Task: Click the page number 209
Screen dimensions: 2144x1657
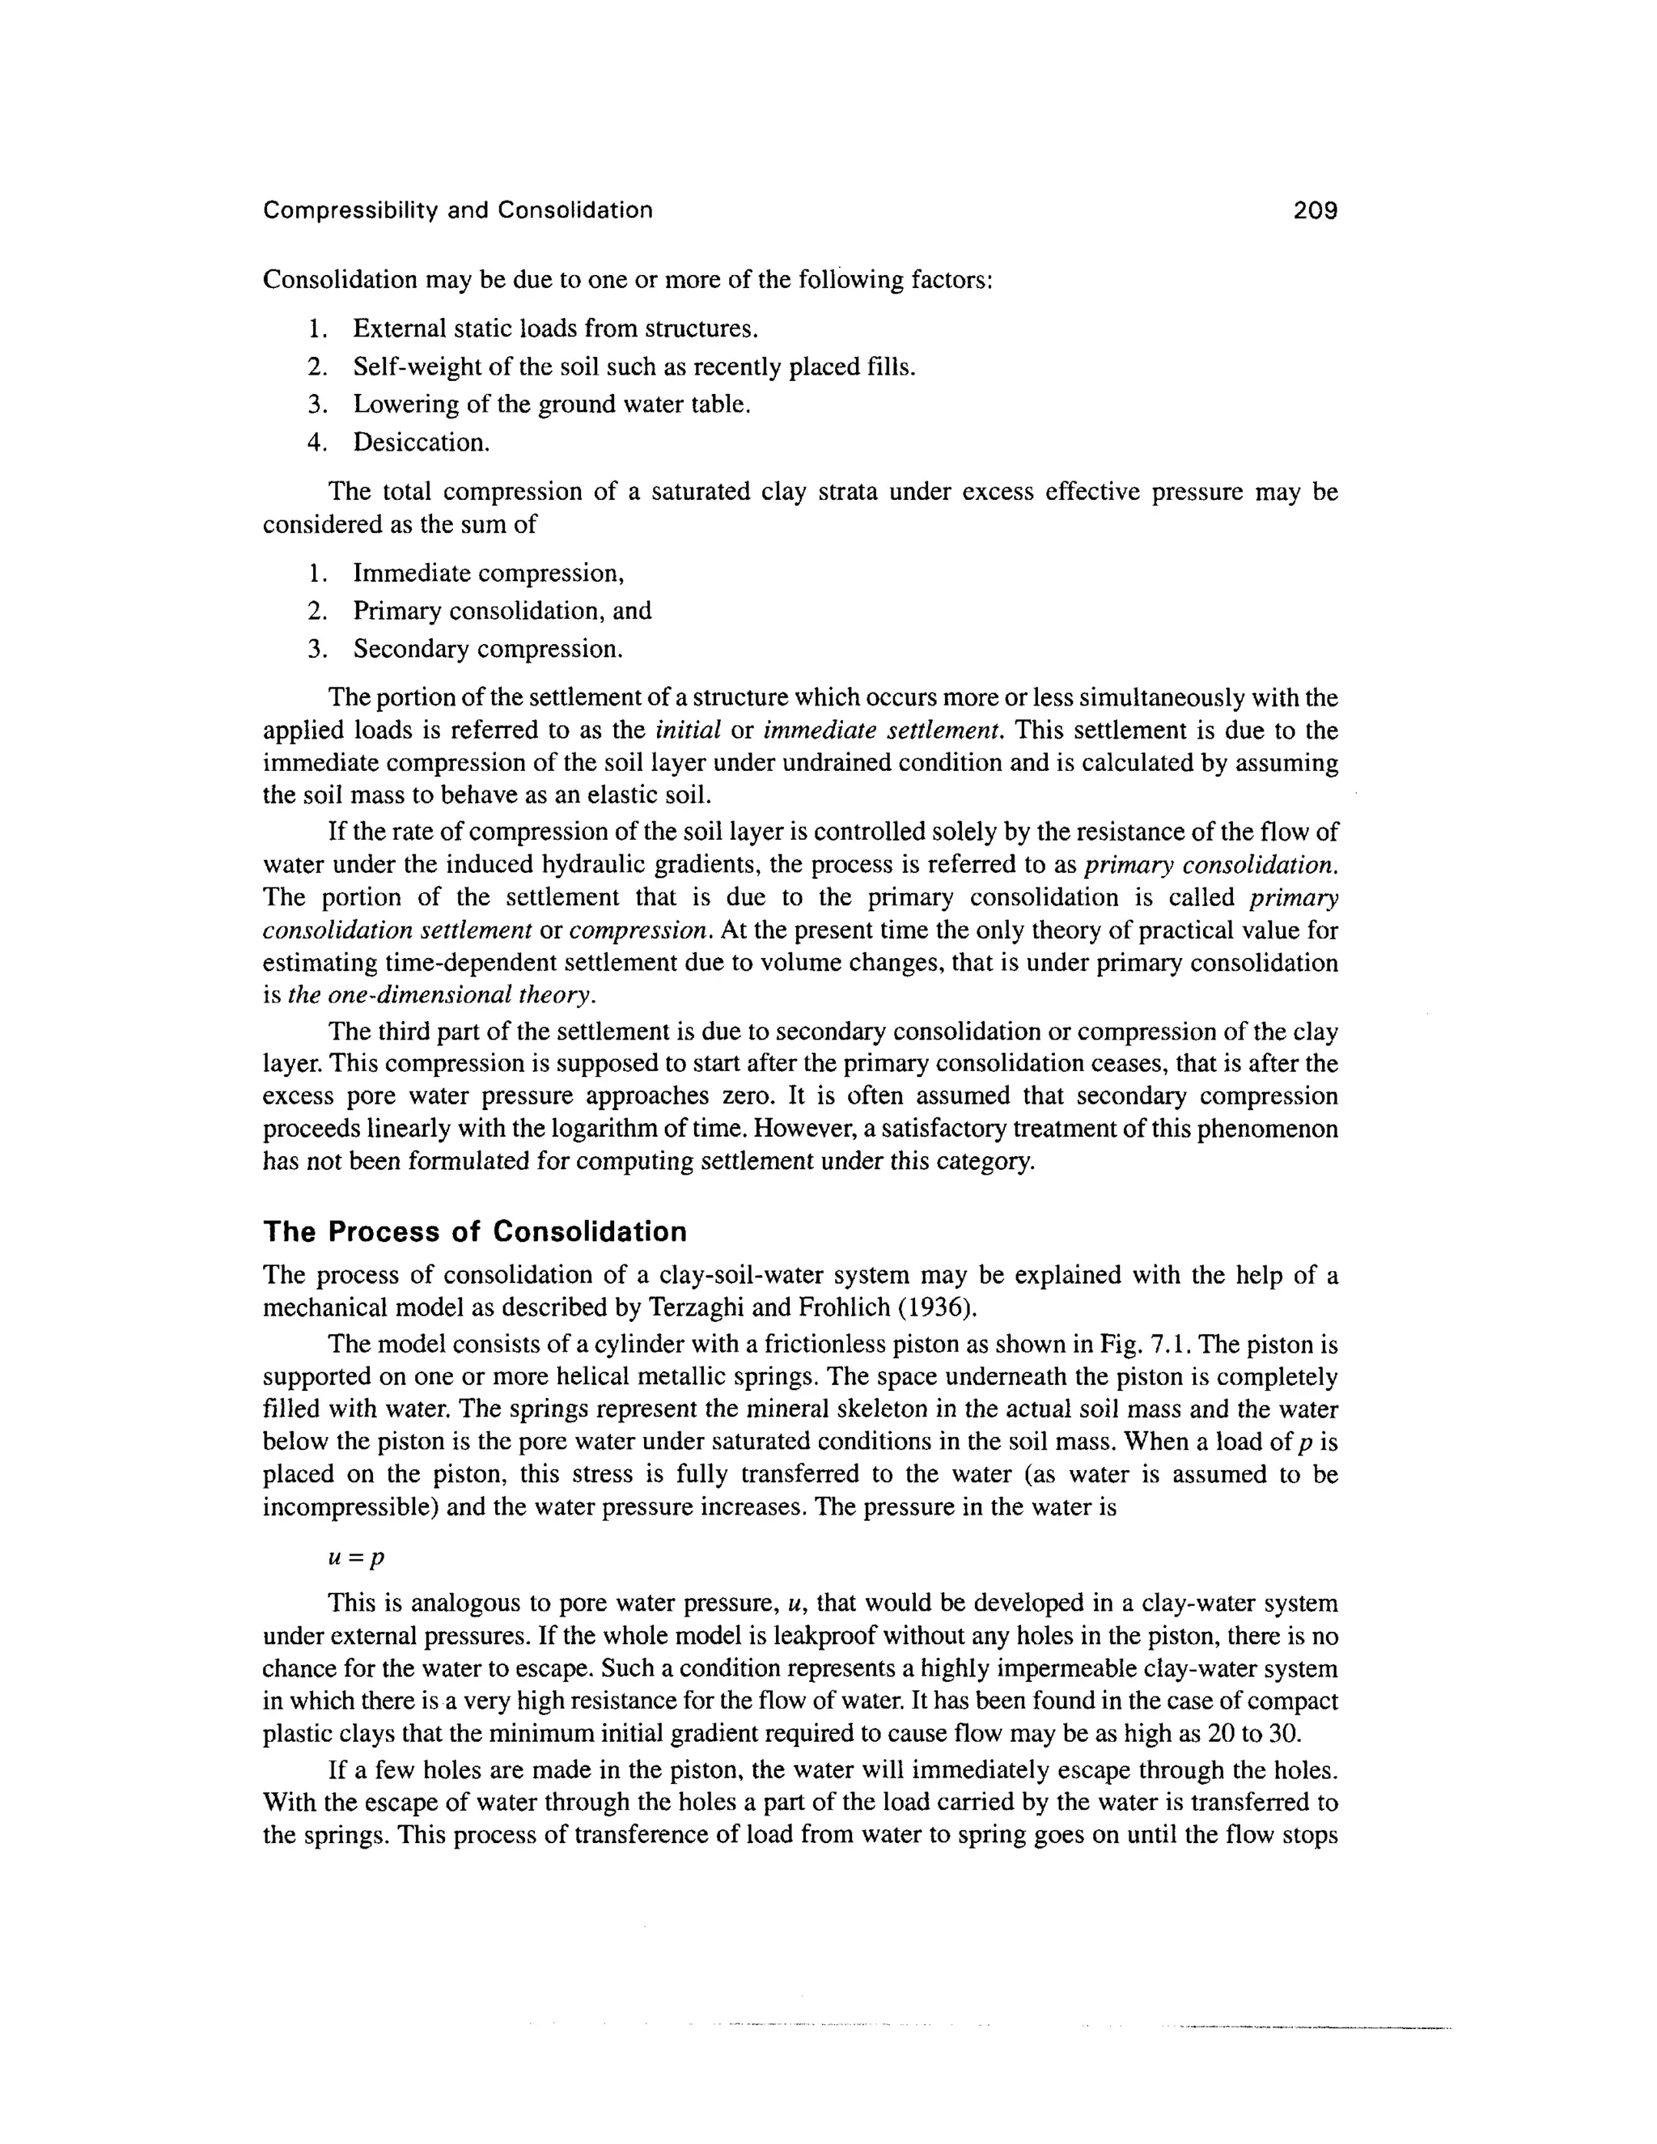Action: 1316,210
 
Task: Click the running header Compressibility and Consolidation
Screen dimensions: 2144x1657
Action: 457,210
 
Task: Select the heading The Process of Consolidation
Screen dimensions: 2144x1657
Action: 475,1231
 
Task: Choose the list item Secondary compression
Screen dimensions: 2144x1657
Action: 488,649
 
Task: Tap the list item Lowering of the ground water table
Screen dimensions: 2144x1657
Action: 552,405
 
